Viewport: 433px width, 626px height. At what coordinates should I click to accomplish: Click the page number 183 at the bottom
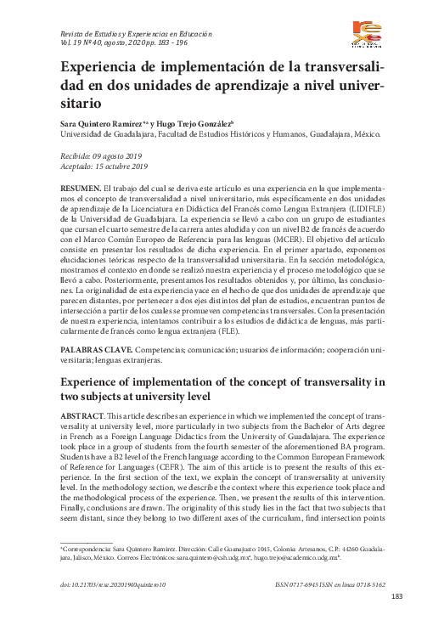click(396, 596)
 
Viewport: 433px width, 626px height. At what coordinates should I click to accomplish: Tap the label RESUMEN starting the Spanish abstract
click(79, 185)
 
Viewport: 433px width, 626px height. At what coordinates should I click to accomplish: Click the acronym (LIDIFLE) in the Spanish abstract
click(358, 206)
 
